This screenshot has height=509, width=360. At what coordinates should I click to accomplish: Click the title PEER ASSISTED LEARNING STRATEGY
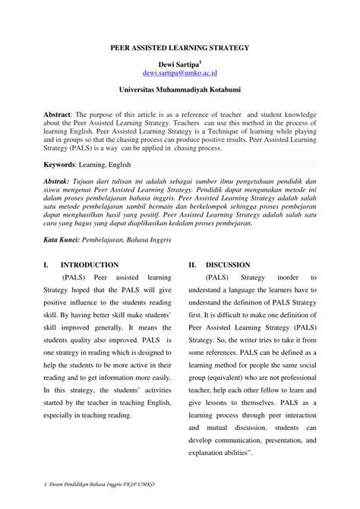click(179, 47)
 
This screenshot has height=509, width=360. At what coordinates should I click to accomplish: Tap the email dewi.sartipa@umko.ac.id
click(179, 74)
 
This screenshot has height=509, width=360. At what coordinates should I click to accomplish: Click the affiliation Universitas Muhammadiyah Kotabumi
click(179, 90)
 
